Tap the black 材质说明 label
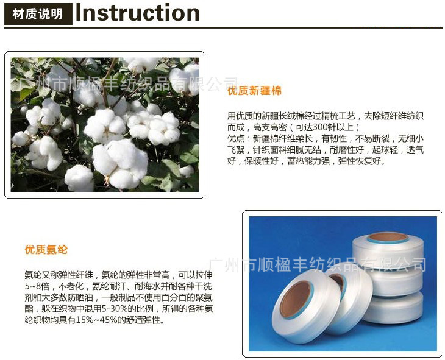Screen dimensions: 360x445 [x=38, y=14]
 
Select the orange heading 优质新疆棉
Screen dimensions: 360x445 [x=254, y=91]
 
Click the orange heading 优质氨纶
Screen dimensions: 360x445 [x=46, y=249]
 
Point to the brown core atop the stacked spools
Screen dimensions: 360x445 [x=388, y=236]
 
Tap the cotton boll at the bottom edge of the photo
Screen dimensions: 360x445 [x=80, y=178]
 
